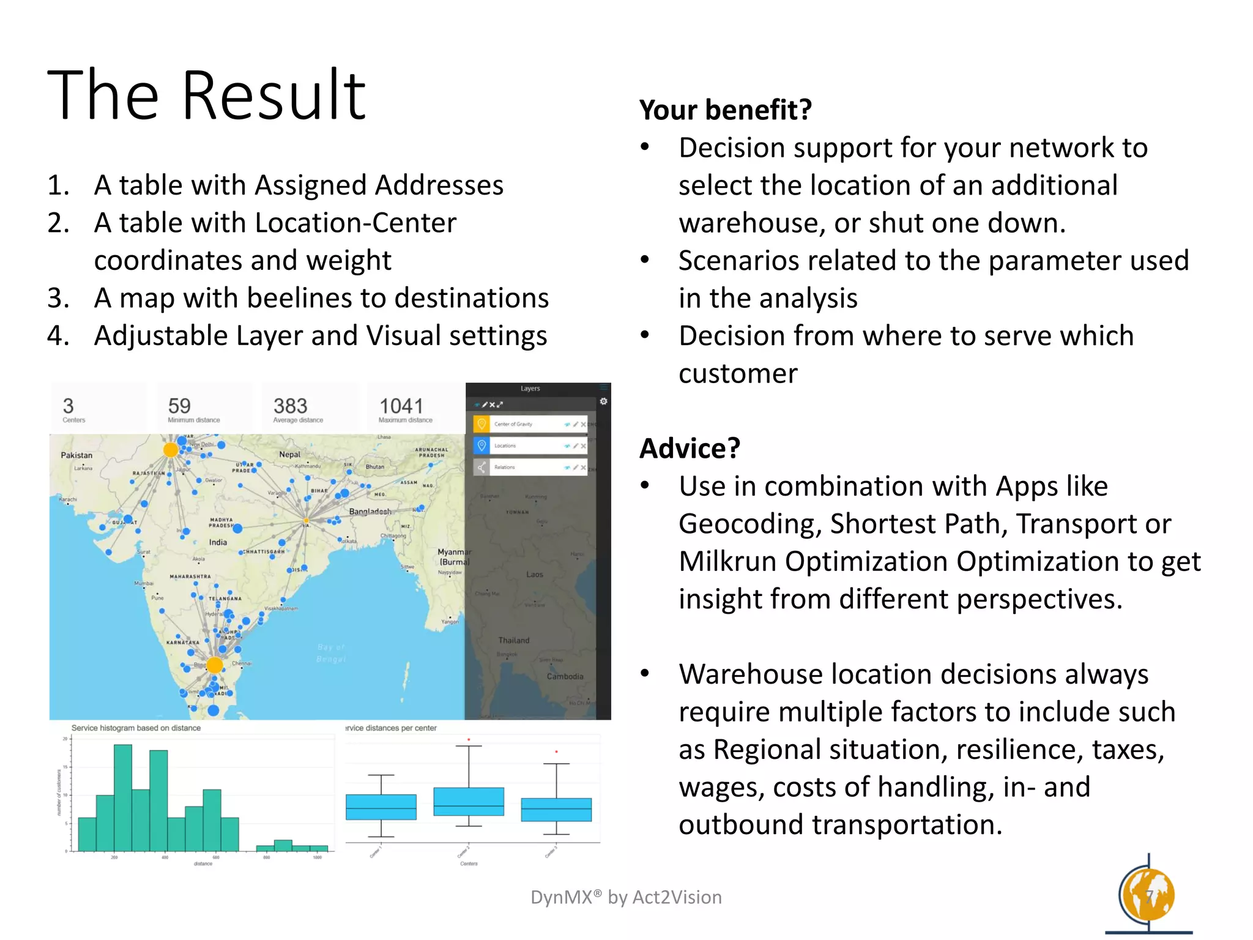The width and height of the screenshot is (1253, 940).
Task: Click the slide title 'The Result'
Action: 206,95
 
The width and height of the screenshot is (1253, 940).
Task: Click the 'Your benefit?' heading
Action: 725,110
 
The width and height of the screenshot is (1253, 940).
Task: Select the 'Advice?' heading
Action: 690,449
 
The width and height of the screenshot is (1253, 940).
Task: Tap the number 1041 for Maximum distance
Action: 401,406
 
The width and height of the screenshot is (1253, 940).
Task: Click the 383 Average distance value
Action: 290,406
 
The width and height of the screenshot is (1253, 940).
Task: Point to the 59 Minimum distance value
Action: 179,406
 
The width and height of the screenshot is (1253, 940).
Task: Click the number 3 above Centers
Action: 68,406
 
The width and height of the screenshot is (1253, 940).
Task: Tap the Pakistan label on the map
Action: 76,455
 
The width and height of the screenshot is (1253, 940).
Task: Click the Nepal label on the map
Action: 289,455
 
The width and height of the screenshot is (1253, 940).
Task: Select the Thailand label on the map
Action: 513,640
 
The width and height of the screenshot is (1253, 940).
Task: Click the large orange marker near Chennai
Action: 215,665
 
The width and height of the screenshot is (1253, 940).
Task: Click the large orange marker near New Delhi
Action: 171,450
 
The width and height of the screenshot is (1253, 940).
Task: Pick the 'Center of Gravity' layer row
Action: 530,424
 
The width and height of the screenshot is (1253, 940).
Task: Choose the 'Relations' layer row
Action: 530,468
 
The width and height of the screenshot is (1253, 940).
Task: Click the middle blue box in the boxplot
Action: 469,802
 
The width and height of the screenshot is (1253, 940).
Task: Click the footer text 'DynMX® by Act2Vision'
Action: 626,897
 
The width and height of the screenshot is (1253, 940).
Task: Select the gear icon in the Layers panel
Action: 603,401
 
